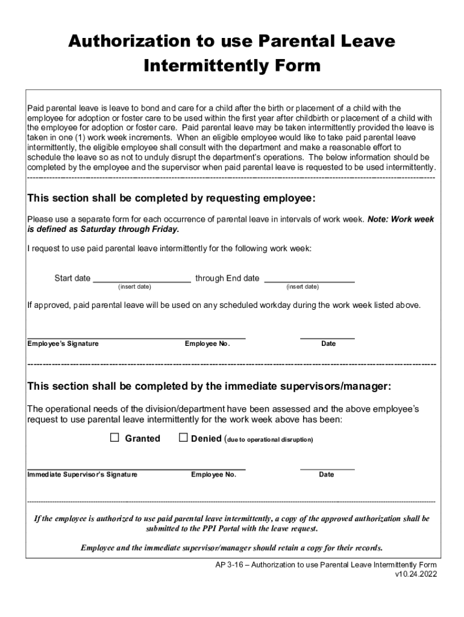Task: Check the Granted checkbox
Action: point(114,438)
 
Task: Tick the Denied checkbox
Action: point(184,438)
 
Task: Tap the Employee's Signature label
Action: point(63,343)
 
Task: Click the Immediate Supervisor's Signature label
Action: point(83,475)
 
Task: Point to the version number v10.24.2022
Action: point(415,574)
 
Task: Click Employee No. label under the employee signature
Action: point(207,343)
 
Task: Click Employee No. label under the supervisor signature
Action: point(213,475)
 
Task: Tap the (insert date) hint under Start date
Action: point(134,287)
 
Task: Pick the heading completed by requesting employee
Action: point(171,199)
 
